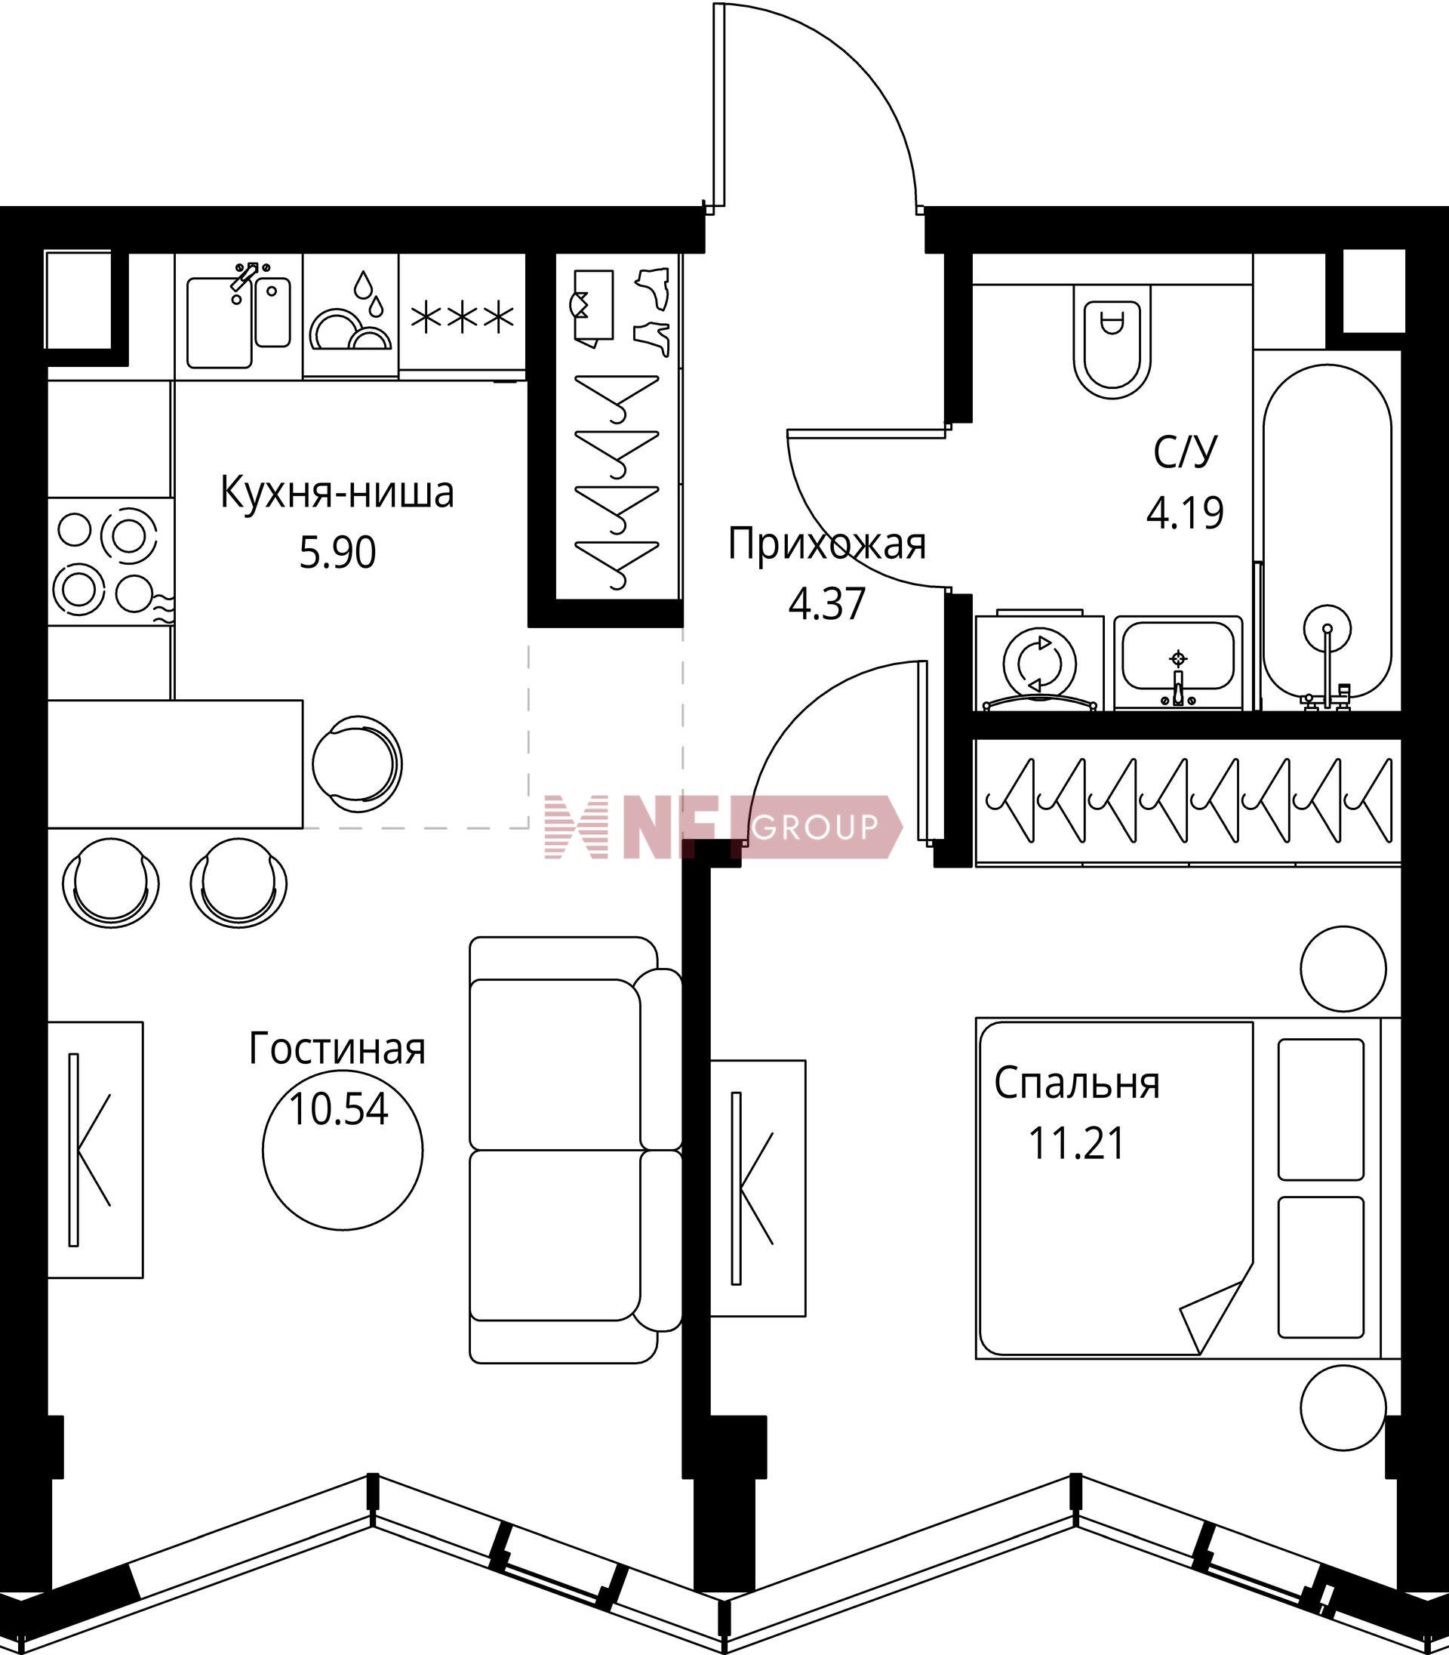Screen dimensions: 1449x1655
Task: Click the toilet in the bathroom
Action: point(1112,340)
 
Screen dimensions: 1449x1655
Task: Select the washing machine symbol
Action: point(1039,662)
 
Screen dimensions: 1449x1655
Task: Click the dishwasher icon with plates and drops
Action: point(350,316)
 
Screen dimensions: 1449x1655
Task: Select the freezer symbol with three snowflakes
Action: point(462,318)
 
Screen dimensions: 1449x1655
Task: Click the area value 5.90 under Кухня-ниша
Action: point(337,554)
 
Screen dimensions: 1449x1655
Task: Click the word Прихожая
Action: point(826,544)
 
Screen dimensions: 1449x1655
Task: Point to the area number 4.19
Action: point(1185,512)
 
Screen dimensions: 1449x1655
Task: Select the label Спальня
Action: point(1076,1084)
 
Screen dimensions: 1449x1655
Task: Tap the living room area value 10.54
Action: point(338,1110)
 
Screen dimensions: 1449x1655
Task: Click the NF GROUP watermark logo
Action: point(723,827)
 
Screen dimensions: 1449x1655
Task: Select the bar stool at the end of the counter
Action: point(356,763)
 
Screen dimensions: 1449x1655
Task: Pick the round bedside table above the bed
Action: point(1343,968)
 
